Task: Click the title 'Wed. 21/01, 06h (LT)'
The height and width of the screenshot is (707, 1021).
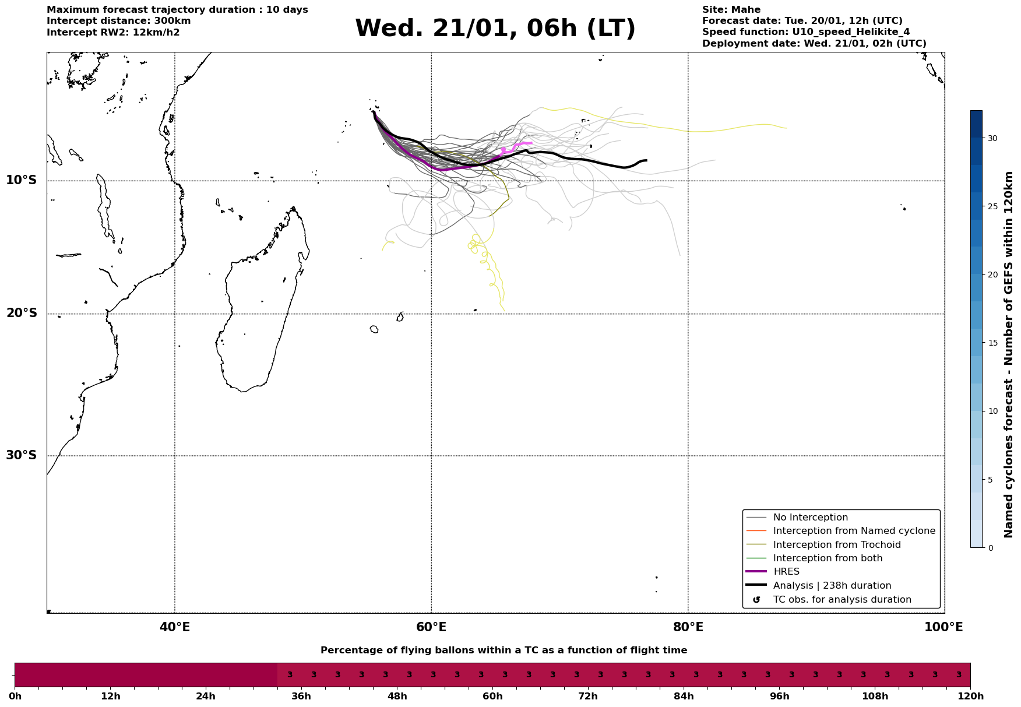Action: pos(495,29)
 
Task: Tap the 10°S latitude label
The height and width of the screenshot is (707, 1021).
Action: pos(22,180)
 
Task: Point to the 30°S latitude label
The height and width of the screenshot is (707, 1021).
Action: pos(22,455)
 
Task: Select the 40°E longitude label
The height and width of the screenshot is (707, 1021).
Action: pos(175,627)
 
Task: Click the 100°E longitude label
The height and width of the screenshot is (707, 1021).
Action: pos(944,627)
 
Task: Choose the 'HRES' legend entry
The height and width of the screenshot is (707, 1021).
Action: pos(786,572)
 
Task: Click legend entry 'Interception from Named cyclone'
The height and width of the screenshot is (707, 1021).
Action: pos(854,531)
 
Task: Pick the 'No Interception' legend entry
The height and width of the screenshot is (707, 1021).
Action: pos(810,518)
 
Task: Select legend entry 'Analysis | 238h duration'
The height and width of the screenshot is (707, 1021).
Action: pos(832,586)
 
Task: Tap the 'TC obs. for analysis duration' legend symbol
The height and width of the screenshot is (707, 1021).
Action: pos(756,600)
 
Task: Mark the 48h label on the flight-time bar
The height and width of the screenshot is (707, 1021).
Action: pos(397,697)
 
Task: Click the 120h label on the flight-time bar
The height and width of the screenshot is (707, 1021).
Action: pos(970,697)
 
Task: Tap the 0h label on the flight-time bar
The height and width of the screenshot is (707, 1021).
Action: pos(15,697)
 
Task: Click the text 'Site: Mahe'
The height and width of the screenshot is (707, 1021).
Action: pos(731,10)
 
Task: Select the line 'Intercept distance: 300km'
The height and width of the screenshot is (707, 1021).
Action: pos(118,21)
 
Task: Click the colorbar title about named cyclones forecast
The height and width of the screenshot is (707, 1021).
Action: pos(1009,354)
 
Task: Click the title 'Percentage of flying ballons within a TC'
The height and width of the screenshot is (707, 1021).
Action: pos(504,650)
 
